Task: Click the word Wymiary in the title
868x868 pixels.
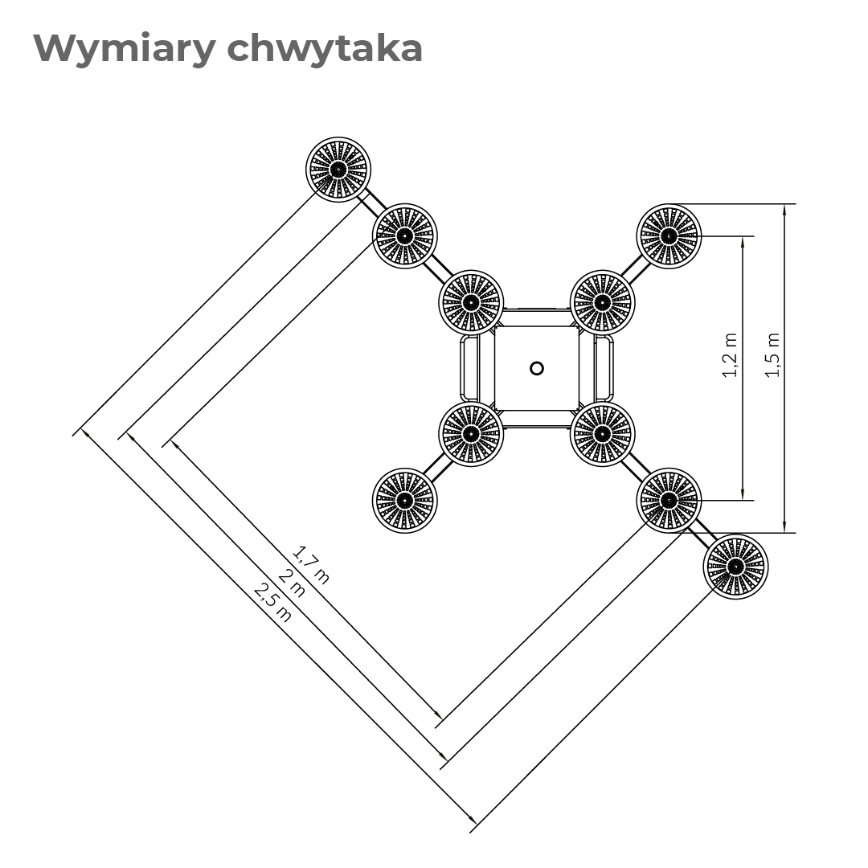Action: pyautogui.click(x=124, y=50)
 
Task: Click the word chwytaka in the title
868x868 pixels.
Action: pyautogui.click(x=325, y=49)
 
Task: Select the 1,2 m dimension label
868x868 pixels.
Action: pyautogui.click(x=730, y=355)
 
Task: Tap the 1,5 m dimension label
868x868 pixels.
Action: pyautogui.click(x=772, y=355)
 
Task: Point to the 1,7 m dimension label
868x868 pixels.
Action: pyautogui.click(x=310, y=565)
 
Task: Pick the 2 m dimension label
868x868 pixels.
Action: pyautogui.click(x=292, y=583)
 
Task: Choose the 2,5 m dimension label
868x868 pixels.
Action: pyautogui.click(x=272, y=602)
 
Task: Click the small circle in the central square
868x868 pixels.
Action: pyautogui.click(x=536, y=368)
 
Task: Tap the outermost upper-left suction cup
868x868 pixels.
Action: pyautogui.click(x=338, y=170)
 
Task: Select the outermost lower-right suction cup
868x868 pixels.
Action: pyautogui.click(x=735, y=567)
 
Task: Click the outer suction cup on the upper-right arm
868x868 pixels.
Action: pyautogui.click(x=669, y=236)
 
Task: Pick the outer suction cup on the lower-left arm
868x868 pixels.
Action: pyautogui.click(x=404, y=501)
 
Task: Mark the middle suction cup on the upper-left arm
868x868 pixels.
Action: pyautogui.click(x=404, y=236)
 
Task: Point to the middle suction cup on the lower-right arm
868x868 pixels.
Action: pyautogui.click(x=669, y=501)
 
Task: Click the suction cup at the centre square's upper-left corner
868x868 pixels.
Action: pyautogui.click(x=470, y=302)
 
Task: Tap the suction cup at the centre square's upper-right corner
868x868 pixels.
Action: pyautogui.click(x=602, y=302)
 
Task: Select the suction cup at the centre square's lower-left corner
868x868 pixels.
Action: pyautogui.click(x=470, y=434)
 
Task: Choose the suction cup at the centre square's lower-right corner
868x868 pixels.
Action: pyautogui.click(x=602, y=434)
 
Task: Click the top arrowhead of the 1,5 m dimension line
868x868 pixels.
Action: pyautogui.click(x=784, y=209)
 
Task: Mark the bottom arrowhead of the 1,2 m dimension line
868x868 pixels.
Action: pyautogui.click(x=743, y=494)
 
